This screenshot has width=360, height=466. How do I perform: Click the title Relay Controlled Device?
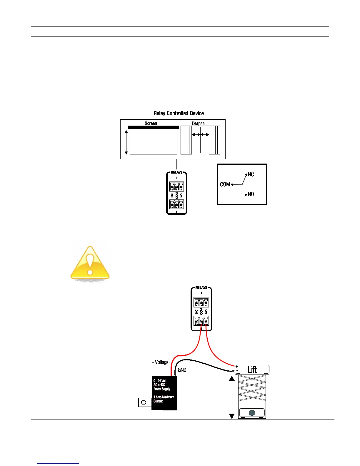[x=179, y=113]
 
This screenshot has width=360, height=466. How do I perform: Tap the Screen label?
[x=151, y=123]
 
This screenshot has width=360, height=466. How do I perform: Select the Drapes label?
[x=198, y=124]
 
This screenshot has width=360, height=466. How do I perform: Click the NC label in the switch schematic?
[x=251, y=174]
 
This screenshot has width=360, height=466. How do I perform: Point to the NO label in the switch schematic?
[x=251, y=194]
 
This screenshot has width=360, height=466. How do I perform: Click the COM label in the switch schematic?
[x=225, y=184]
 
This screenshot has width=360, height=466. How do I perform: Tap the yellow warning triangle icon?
[x=90, y=263]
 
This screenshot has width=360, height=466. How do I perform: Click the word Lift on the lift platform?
[x=252, y=370]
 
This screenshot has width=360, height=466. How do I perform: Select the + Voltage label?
[x=160, y=362]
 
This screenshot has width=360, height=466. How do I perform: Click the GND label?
[x=182, y=370]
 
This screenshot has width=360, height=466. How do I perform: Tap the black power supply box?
[x=164, y=393]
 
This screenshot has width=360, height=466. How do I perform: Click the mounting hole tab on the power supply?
[x=144, y=402]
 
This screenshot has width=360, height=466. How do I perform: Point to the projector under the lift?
[x=252, y=413]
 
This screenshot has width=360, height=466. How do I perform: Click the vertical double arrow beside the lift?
[x=232, y=397]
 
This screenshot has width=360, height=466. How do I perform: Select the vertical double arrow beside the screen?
[x=126, y=142]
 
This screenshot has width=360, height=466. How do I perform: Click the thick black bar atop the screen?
[x=154, y=127]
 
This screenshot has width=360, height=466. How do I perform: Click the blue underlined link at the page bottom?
[x=58, y=463]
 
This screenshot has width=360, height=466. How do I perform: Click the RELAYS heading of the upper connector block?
[x=176, y=172]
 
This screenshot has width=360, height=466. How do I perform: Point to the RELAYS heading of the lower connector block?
[x=201, y=287]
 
